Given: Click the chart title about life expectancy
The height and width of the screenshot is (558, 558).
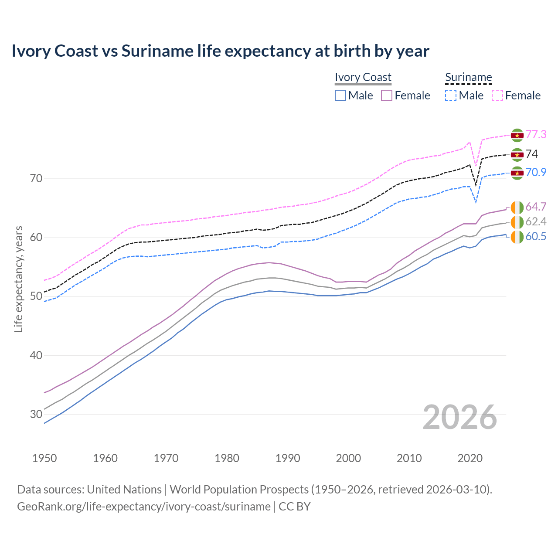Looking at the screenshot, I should point(220,51).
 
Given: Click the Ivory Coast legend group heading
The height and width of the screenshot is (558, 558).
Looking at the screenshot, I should point(363,77).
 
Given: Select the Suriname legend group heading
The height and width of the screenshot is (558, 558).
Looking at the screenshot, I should point(468,77).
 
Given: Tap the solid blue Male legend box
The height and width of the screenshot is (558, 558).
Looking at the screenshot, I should point(340,95).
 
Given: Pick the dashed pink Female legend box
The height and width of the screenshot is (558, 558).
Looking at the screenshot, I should point(497,95).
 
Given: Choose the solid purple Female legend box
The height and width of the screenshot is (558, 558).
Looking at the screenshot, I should point(387,95).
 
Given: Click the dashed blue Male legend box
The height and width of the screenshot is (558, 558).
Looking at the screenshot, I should point(451,95).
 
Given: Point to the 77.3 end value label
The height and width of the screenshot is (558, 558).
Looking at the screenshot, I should point(536,134).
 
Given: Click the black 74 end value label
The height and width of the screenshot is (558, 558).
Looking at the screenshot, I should point(531,154).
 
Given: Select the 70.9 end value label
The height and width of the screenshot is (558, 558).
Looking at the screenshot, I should point(536,172).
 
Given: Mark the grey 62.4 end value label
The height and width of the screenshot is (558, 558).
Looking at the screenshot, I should point(536,221).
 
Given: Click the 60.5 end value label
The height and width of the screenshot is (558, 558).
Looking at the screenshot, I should point(536,236).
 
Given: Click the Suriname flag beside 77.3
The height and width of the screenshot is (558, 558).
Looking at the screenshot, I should point(517,135).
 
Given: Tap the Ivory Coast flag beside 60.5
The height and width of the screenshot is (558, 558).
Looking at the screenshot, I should point(517,237).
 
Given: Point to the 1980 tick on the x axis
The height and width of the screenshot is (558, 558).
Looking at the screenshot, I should point(227,458).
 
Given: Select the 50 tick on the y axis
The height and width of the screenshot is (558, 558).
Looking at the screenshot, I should point(36,296).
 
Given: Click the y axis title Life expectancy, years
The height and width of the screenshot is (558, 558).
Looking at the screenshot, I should point(18,279).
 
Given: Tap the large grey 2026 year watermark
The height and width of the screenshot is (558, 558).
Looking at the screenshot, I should point(459,417).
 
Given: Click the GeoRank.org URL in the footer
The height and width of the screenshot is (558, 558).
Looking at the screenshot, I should point(144,507).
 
